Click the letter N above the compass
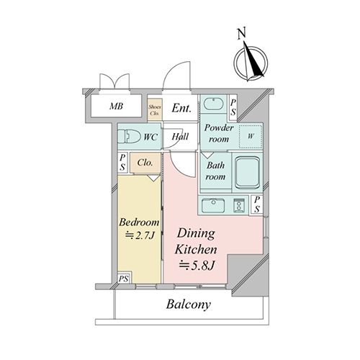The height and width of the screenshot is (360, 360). coord(242,33)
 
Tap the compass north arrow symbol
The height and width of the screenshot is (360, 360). coord(251,63)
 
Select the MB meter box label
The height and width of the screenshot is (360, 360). coord(116,106)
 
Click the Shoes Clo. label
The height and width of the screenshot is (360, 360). coord(155,110)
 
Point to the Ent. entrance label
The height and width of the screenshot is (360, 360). coord(181,108)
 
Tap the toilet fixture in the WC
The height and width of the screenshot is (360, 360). coord(129,137)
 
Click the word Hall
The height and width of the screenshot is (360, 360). coord(180,137)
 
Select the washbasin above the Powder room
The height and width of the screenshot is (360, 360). coord(214,104)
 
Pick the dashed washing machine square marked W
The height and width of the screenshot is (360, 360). coord(251,137)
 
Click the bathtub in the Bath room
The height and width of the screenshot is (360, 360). coord(248,172)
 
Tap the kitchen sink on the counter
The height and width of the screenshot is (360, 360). coord(213,206)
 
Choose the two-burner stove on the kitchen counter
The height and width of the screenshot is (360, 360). coord(239,205)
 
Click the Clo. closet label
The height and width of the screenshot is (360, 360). coord(145,163)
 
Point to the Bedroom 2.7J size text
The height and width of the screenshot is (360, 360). coord(140,235)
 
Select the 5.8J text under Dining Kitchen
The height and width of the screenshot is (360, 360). coord(197,266)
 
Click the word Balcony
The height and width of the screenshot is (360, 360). coord(189,305)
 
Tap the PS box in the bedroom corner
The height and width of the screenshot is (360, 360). coord(124,279)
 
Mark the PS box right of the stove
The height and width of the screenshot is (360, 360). coord(257,204)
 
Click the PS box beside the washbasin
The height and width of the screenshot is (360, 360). coord(233,107)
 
